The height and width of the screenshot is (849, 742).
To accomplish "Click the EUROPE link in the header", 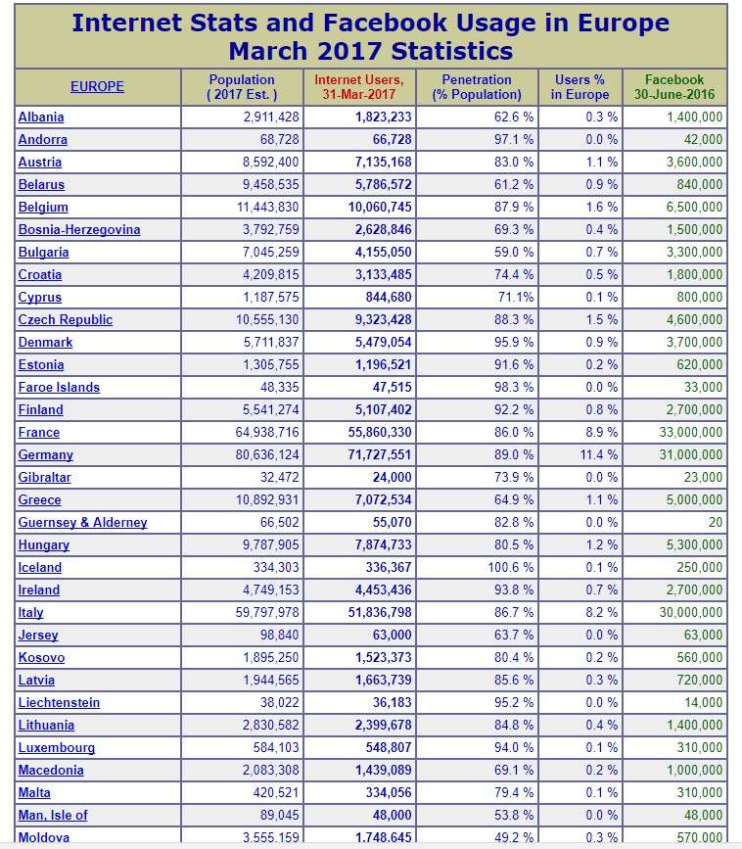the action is [x=97, y=86].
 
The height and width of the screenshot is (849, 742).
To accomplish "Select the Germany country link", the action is [x=45, y=454].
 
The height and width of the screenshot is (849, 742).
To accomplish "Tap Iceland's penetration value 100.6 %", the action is [x=510, y=567].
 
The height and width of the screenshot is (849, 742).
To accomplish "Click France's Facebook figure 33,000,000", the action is [x=690, y=432].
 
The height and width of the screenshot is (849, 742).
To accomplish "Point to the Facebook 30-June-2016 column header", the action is [x=674, y=86].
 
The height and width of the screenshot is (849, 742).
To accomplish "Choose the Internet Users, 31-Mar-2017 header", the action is [x=359, y=86].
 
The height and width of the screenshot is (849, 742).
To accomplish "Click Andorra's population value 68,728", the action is [x=279, y=139].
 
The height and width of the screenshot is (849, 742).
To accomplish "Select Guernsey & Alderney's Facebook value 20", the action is [x=716, y=522].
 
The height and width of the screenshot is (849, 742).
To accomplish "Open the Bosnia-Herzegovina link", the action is [x=79, y=229].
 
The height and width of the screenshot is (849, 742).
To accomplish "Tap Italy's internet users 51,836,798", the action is [x=380, y=612].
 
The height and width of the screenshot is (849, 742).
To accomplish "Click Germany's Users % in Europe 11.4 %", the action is [x=599, y=454].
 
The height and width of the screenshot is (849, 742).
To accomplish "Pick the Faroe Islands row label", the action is [x=59, y=387].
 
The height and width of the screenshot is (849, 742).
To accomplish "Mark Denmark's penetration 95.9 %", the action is [x=514, y=342].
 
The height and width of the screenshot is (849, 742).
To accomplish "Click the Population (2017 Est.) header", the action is [x=242, y=86].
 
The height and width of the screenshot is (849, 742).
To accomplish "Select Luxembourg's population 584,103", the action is [x=276, y=748].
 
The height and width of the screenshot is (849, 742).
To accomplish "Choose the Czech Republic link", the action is [x=66, y=319].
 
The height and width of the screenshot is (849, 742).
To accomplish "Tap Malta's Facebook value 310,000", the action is [x=700, y=792].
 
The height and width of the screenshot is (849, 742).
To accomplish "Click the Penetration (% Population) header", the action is [x=477, y=86].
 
